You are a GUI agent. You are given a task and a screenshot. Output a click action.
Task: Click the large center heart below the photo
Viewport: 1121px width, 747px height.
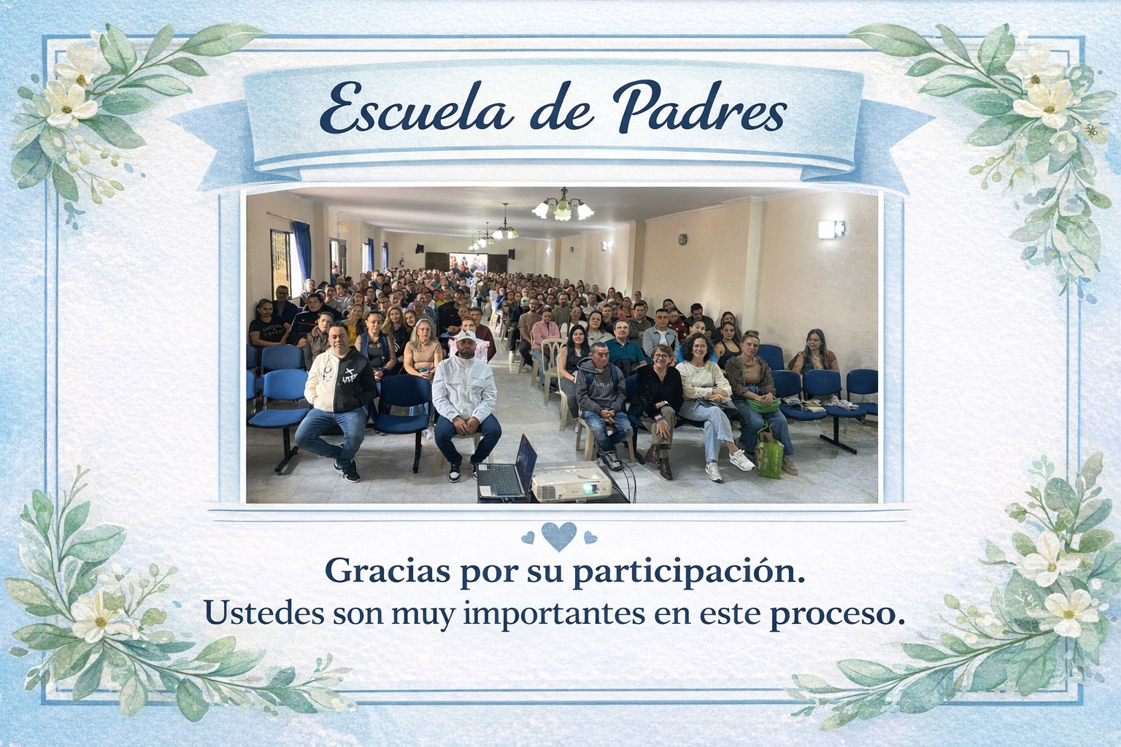[x=560, y=535]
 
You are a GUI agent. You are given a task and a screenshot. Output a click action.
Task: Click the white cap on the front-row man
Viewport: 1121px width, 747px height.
[x=465, y=338]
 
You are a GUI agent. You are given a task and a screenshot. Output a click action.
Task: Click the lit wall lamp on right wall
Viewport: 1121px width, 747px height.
[x=830, y=228]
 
